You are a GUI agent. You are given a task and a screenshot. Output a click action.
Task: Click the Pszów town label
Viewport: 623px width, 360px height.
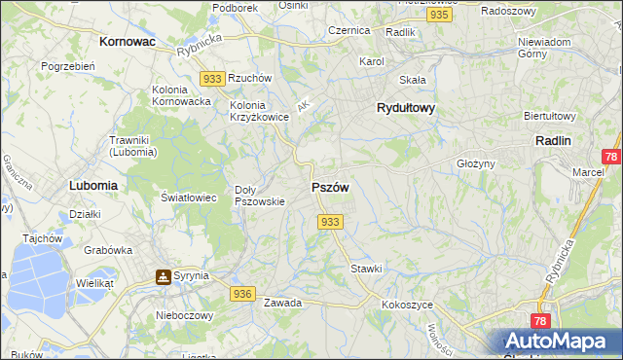point(330,187)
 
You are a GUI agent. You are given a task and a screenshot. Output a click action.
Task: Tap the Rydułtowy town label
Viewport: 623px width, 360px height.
point(405,109)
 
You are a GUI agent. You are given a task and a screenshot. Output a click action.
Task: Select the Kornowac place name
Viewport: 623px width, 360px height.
point(128,43)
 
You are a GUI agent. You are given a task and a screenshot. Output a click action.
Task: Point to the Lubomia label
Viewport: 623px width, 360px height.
point(93,184)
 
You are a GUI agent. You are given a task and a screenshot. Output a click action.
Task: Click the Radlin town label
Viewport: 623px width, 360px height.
point(553,140)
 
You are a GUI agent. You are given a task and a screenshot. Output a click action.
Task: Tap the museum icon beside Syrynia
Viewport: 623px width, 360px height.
point(163,276)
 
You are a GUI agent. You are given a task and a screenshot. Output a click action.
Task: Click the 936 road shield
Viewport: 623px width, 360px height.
point(243,293)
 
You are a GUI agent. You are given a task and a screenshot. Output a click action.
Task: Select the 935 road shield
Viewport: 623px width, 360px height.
point(439,16)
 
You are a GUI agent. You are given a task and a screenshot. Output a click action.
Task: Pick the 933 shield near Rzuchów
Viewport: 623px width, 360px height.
point(213,77)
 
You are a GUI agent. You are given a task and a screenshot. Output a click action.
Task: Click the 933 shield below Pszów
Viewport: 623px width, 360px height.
point(330,222)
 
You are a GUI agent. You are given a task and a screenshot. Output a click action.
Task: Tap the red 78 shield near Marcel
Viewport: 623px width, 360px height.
point(610,157)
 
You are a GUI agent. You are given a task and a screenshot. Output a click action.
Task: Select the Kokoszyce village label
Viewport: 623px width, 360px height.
point(407,305)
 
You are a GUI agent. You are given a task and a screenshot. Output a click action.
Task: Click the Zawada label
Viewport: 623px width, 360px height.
point(282,303)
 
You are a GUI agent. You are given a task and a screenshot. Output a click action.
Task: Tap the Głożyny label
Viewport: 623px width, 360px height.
point(477,164)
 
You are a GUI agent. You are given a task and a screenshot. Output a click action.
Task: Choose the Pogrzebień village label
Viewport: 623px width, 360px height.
point(67,66)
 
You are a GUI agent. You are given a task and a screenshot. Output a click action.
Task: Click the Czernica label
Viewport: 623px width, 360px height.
point(348,30)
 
